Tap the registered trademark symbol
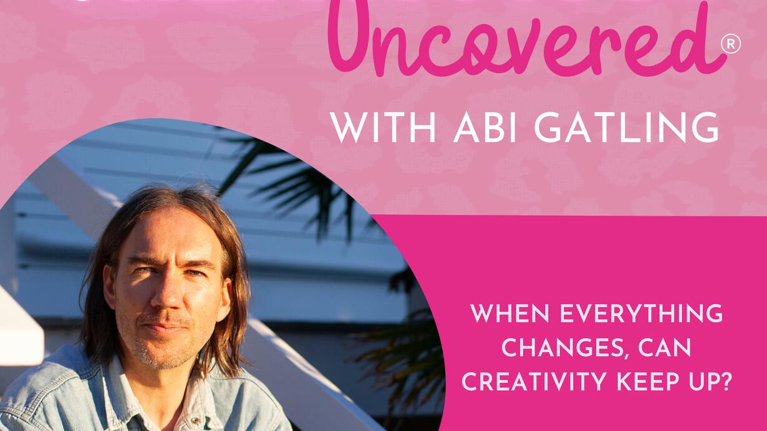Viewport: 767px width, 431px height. point(730,45)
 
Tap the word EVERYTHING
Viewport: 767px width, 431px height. point(641,313)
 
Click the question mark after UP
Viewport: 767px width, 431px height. point(725,381)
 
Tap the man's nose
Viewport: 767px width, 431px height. point(166,294)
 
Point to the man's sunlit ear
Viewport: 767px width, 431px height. point(225,294)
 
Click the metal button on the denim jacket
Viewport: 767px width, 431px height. point(195,420)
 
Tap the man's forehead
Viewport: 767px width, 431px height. point(168,236)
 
